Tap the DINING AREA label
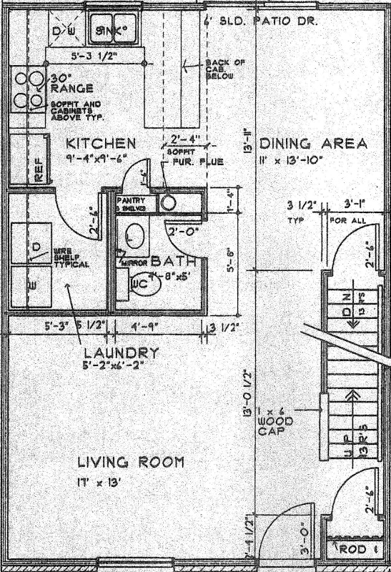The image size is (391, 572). (314, 143)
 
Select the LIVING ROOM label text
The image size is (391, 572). (131, 463)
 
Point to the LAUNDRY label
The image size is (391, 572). (121, 352)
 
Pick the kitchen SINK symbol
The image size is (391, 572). (112, 30)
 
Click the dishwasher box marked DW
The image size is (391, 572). (66, 31)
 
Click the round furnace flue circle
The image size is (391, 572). (168, 202)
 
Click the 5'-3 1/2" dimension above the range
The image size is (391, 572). (94, 54)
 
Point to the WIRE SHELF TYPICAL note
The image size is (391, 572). (71, 258)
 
